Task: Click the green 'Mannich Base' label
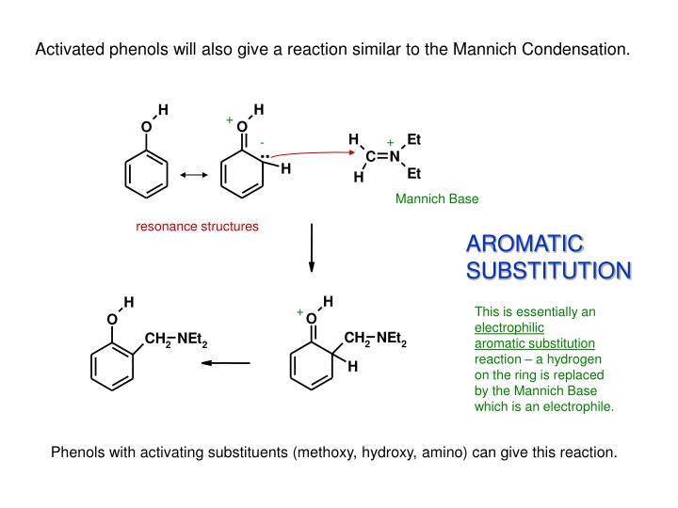(x=436, y=198)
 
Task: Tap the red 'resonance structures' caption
(x=197, y=227)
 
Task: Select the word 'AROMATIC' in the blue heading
(x=525, y=245)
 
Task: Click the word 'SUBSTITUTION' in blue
(x=549, y=271)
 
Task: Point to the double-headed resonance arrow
(x=193, y=174)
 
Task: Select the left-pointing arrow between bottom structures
(x=229, y=363)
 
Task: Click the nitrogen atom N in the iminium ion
(x=395, y=157)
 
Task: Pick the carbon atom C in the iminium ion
(x=371, y=157)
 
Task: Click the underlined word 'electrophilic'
(x=509, y=327)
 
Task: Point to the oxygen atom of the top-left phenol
(x=146, y=127)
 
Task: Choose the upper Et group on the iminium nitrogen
(x=413, y=140)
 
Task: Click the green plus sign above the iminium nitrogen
(x=390, y=143)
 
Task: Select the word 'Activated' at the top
(x=66, y=49)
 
